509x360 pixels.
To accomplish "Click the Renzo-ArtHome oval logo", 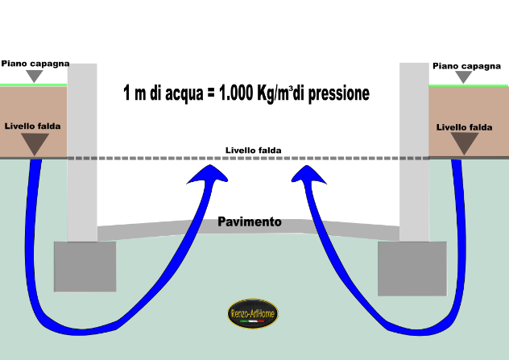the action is (253, 313).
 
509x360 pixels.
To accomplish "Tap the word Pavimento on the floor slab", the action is (250, 221).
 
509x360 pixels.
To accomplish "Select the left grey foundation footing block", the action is (85, 267).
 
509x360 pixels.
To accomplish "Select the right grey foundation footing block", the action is (412, 268).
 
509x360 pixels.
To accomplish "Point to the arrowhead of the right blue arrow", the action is (308, 175).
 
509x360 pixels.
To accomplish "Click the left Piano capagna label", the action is (35, 64).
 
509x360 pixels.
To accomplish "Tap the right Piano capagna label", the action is (466, 66).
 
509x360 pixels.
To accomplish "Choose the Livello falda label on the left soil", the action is (32, 126).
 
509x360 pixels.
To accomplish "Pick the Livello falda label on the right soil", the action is (464, 127).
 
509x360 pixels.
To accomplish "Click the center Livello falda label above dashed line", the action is (253, 151).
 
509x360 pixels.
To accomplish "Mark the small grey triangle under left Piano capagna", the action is (35, 76).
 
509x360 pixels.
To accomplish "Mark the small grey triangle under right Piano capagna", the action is (464, 77).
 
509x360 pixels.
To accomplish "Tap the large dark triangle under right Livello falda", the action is (465, 143).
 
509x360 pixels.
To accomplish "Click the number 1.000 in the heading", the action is (236, 93).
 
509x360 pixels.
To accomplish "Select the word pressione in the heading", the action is (338, 94).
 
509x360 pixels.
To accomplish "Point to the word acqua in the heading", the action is (184, 94).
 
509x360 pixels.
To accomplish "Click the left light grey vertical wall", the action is (82, 152).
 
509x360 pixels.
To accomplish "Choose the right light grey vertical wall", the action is (414, 152).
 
